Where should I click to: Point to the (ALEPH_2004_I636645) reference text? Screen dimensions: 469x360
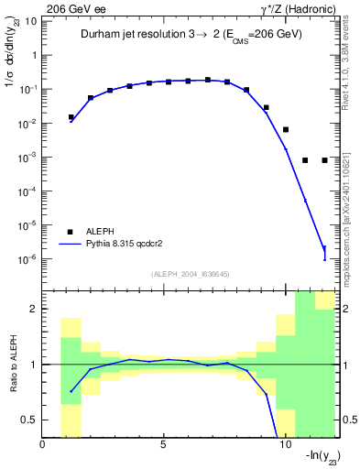tap(191, 273)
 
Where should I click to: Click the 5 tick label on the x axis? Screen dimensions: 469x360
tap(164, 446)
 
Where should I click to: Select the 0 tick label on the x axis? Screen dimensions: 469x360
tap(43, 446)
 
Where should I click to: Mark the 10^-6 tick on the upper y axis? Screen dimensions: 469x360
tap(27, 259)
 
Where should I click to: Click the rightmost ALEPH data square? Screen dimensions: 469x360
tap(325, 160)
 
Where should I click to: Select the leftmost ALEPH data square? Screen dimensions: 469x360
tap(71, 117)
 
